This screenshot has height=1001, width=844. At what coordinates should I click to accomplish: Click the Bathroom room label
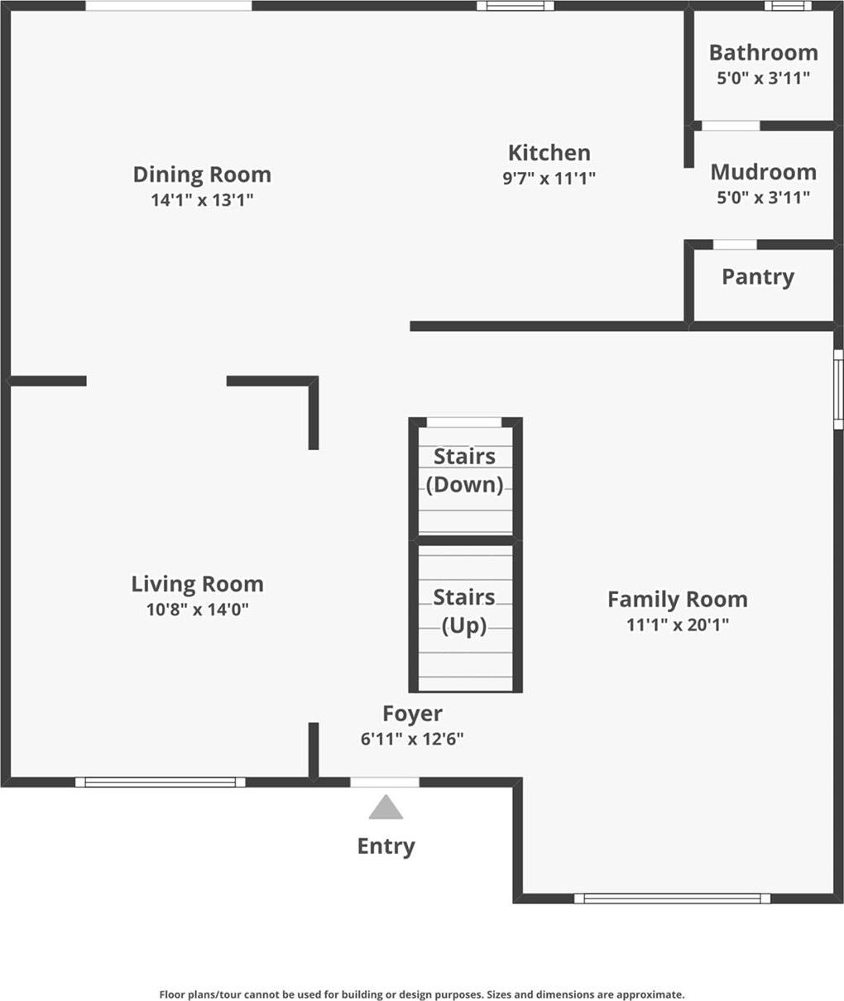click(763, 53)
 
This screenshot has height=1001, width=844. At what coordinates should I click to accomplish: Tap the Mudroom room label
click(763, 172)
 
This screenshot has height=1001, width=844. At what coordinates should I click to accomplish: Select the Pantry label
click(757, 277)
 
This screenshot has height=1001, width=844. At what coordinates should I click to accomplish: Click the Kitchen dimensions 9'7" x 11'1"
click(549, 178)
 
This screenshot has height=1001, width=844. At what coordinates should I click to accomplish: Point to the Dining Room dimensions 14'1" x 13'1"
click(202, 199)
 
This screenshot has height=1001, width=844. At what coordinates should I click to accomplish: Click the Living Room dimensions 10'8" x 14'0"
click(197, 610)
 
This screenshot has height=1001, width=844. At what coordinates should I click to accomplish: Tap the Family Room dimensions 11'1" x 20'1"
click(677, 625)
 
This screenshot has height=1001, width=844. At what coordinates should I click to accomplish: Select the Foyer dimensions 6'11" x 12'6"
click(411, 739)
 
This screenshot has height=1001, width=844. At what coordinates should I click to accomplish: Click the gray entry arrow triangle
click(386, 808)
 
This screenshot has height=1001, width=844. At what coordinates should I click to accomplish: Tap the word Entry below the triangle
click(386, 846)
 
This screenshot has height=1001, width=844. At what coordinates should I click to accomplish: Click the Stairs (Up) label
click(464, 611)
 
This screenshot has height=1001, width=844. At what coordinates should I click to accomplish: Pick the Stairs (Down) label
click(464, 470)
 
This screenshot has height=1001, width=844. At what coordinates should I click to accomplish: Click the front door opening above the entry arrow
click(385, 782)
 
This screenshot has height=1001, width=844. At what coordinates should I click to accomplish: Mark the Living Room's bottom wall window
click(161, 782)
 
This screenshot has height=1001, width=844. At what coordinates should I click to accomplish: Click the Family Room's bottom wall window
click(672, 898)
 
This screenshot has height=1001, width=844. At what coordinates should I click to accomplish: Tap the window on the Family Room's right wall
click(837, 389)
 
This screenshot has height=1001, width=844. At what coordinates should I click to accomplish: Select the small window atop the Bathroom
click(788, 6)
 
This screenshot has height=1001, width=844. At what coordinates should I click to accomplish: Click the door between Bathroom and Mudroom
click(731, 126)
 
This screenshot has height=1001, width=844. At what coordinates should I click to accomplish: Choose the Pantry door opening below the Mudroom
click(734, 244)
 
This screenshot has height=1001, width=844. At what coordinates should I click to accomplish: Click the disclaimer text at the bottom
click(421, 994)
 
